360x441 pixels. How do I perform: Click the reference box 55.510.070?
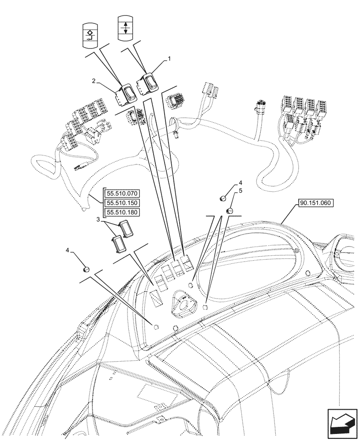click(122, 193)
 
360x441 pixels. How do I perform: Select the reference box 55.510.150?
click(122, 203)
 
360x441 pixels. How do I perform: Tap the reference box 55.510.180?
click(122, 213)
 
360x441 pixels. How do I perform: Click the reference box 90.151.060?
click(316, 203)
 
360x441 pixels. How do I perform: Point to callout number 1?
click(168, 58)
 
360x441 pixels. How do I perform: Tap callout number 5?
click(240, 191)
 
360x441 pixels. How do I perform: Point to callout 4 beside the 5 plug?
click(240, 182)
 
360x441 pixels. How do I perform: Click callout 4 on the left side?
click(67, 250)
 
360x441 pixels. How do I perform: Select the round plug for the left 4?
click(86, 269)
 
